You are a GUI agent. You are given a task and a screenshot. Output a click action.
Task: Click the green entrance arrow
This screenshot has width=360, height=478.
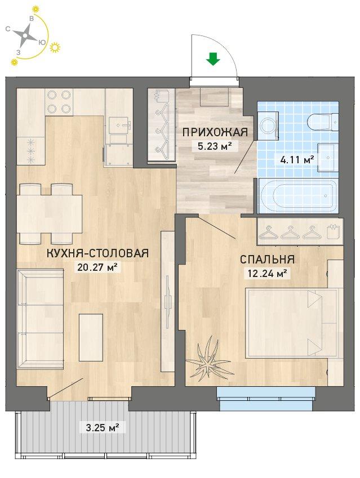tap(213, 59)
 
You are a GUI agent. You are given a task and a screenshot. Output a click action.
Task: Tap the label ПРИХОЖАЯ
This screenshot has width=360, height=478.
tap(215, 133)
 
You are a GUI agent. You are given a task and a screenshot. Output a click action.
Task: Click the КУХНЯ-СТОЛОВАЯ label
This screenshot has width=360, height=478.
tap(97, 253)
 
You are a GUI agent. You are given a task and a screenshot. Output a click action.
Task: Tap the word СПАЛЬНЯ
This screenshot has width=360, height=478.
tap(267, 260)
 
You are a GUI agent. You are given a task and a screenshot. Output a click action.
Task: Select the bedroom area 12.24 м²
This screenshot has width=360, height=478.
tap(267, 273)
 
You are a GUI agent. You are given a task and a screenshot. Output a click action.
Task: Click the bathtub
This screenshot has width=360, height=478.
tap(299, 196)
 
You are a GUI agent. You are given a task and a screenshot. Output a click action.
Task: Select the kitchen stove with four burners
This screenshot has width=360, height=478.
tap(60, 102)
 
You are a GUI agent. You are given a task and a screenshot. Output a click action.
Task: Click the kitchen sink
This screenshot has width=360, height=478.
tap(119, 125)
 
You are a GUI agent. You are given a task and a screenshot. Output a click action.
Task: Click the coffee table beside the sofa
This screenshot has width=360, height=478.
tap(91, 337)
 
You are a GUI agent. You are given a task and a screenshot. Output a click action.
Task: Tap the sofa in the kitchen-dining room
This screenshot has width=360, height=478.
tap(40, 319)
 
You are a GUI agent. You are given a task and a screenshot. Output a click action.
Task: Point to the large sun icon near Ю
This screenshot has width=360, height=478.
tap(55, 47)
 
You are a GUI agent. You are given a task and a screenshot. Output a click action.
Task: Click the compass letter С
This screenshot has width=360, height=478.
tap(8, 29)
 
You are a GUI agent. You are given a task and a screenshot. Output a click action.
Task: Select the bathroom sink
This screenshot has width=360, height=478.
tap(328, 158)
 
